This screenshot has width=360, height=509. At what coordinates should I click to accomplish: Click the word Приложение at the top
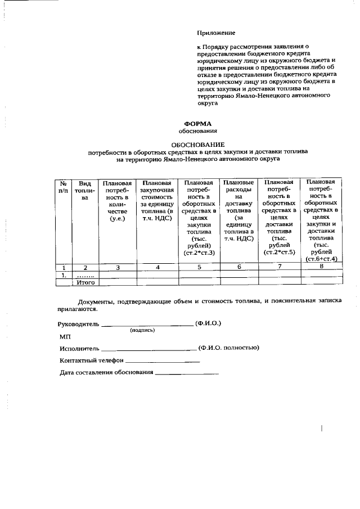(216, 34)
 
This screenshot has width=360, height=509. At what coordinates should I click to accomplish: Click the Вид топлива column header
(84, 191)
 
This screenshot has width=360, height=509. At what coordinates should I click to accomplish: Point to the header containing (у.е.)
(118, 218)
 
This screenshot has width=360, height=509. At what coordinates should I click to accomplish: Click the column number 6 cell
(240, 267)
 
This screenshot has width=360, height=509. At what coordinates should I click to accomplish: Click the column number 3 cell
(118, 267)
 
